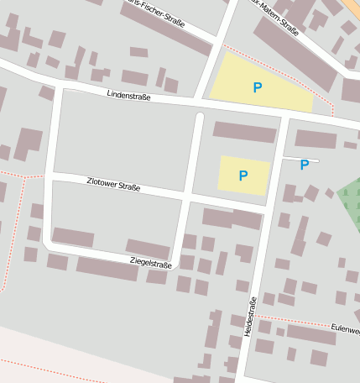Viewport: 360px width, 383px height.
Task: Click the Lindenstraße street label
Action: click(x=129, y=97)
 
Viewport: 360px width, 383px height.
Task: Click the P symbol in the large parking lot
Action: click(x=257, y=87)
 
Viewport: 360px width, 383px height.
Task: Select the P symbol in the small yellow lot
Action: click(x=243, y=176)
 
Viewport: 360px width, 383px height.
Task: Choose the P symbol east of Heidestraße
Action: click(x=304, y=165)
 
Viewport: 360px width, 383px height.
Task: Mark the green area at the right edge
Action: click(x=350, y=200)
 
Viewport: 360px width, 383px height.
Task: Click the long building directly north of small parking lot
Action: click(x=244, y=132)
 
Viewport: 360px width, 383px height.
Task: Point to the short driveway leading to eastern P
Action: click(x=300, y=158)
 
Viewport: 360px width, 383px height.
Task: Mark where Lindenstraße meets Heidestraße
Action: click(x=285, y=113)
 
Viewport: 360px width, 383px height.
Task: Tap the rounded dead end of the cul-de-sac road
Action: click(x=199, y=118)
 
